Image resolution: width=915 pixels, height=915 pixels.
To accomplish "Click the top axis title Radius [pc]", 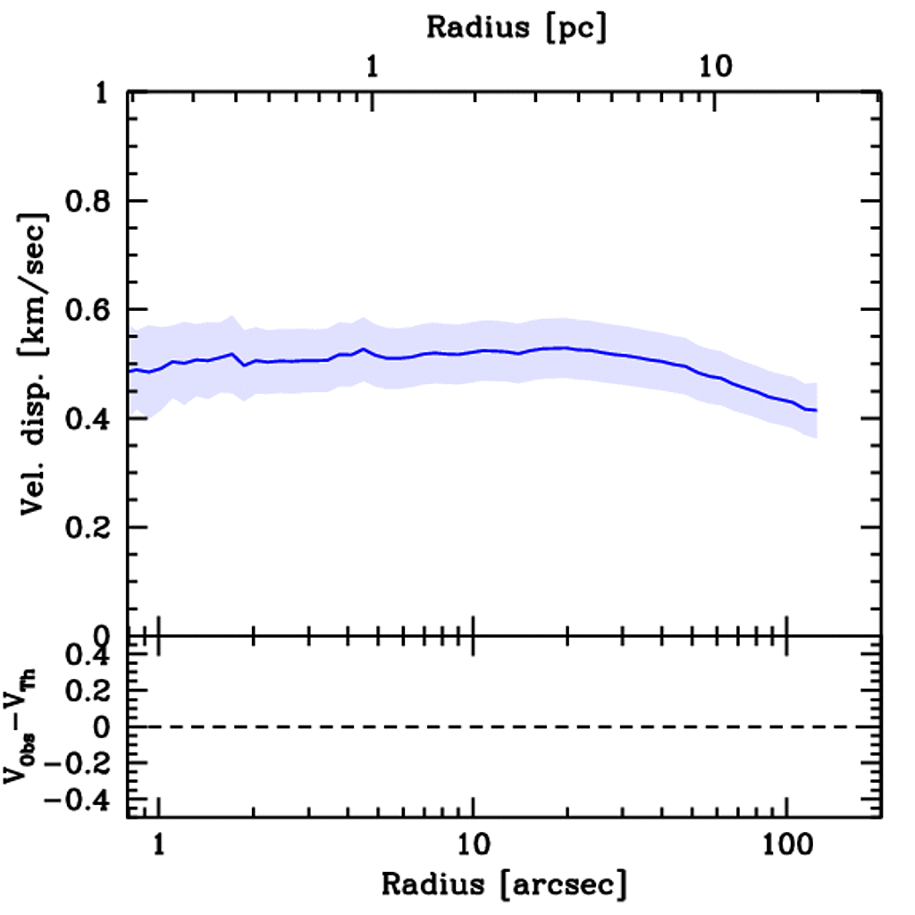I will pos(516,27).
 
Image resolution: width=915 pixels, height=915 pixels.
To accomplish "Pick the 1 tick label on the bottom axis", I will pos(159,844).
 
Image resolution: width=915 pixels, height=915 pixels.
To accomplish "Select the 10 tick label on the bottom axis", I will pos(472,844).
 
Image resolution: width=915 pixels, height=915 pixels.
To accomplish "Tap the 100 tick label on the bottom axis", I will pos(786,844).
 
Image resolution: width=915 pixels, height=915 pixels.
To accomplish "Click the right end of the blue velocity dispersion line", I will pos(816,410).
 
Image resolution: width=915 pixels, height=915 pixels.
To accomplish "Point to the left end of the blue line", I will pos(130,371).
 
